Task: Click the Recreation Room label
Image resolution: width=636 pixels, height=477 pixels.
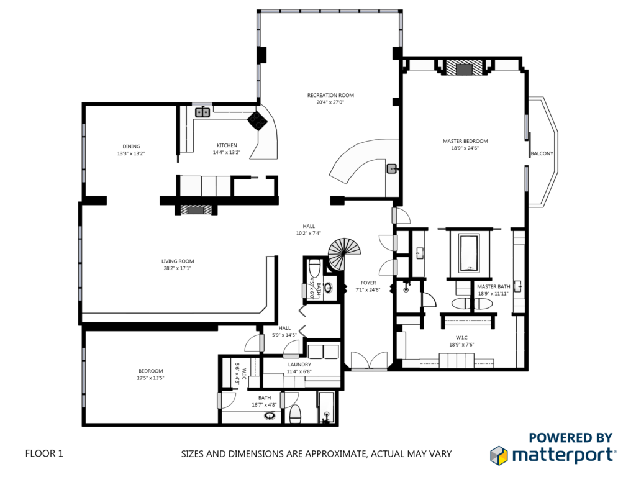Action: tap(330, 95)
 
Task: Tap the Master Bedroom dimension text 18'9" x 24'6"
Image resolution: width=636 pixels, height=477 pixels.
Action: tap(465, 148)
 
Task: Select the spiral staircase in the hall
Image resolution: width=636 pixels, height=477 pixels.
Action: tap(343, 254)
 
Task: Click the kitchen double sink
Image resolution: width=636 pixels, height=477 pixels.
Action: tap(202, 112)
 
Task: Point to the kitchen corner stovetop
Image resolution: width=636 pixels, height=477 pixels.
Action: tap(257, 120)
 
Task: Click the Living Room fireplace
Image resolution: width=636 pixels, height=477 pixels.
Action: tap(196, 210)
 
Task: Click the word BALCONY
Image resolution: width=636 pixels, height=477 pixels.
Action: tap(542, 153)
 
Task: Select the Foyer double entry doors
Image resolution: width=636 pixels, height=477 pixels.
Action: tap(369, 361)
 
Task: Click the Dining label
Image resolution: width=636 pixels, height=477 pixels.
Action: tap(131, 147)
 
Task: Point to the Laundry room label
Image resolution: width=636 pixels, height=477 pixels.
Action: tap(299, 365)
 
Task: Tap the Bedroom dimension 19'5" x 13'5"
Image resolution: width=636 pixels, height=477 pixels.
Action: tap(150, 378)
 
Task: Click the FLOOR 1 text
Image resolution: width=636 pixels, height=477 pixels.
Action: tap(44, 453)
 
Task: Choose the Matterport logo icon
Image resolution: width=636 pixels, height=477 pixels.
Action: tap(499, 455)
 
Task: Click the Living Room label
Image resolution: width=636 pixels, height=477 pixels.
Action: tap(178, 261)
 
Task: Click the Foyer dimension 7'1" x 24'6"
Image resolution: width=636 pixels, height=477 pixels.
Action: tap(368, 289)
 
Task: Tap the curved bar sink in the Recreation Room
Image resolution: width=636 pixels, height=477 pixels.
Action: tap(392, 169)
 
